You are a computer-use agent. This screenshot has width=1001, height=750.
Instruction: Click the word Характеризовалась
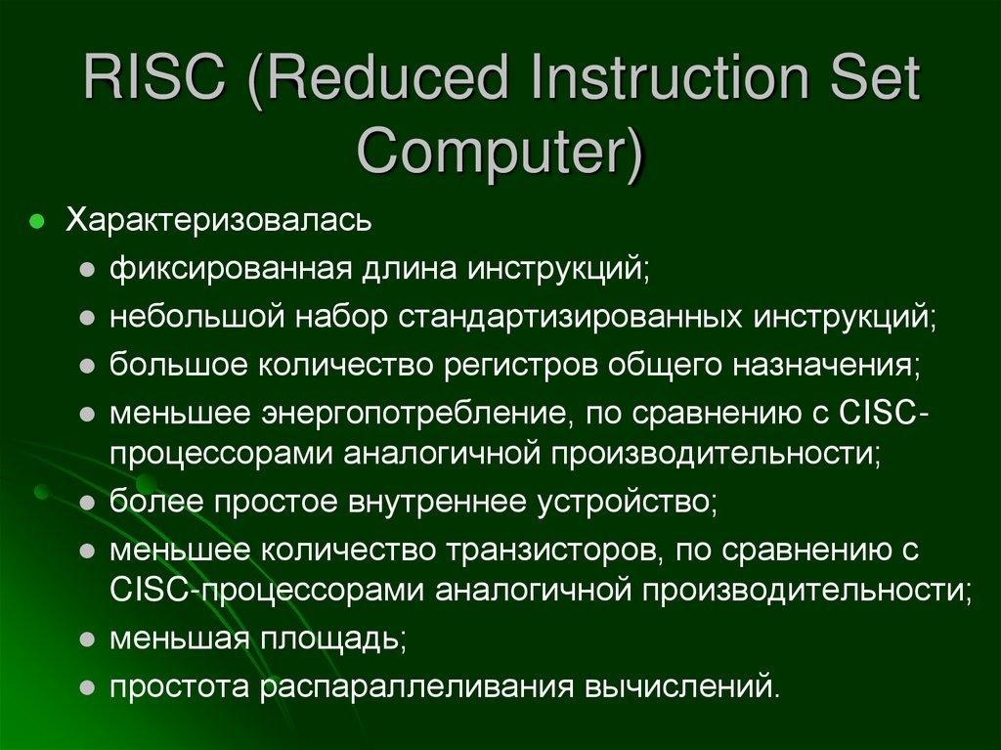pyautogui.click(x=218, y=219)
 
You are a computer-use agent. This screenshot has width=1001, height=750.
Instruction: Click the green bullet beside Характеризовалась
pyautogui.click(x=36, y=220)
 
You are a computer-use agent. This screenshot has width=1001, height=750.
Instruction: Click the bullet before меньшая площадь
pyautogui.click(x=87, y=640)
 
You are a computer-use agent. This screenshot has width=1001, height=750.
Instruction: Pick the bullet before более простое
pyautogui.click(x=87, y=504)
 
